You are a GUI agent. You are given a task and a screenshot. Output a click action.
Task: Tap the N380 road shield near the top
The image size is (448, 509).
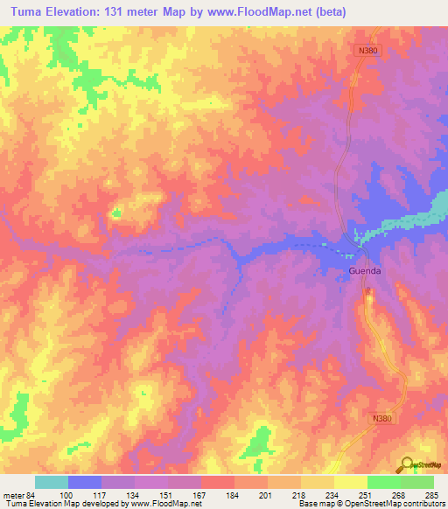click(368, 52)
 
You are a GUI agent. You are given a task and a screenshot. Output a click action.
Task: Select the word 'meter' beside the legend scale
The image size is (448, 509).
click(11, 495)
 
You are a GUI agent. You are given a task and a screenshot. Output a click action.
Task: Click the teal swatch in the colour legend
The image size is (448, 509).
click(52, 482)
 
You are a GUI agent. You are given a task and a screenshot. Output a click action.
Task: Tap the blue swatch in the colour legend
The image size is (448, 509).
click(85, 482)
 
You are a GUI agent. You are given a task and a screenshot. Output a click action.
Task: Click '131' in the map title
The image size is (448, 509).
click(120, 12)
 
